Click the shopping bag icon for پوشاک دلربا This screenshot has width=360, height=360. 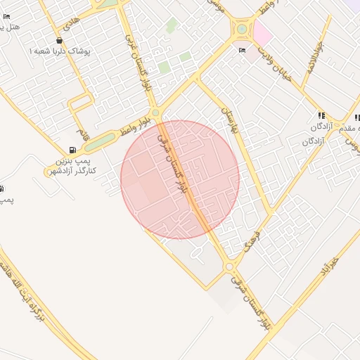(59, 40)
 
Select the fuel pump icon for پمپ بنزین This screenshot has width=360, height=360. (72, 150)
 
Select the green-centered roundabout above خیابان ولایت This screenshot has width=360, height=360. (243, 30)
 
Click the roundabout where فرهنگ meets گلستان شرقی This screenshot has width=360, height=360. (229, 266)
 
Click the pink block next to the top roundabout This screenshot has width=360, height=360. (262, 32)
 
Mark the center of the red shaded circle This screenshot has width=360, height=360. (180, 180)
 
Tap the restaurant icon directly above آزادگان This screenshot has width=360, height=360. (321, 115)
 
